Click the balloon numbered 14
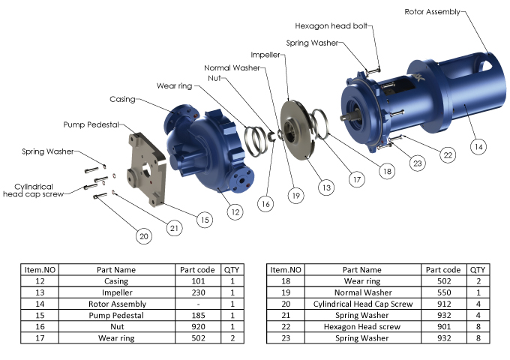pyautogui.click(x=478, y=146)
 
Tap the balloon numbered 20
pyautogui.click(x=143, y=235)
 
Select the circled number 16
pyautogui.click(x=265, y=203)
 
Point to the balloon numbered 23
pyautogui.click(x=418, y=162)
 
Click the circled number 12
pyautogui.click(x=235, y=213)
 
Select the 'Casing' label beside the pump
pyautogui.click(x=122, y=99)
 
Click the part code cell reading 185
pyautogui.click(x=197, y=316)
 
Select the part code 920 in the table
pyautogui.click(x=197, y=327)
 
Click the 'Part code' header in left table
pyautogui.click(x=197, y=270)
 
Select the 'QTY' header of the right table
pyautogui.click(x=477, y=270)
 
